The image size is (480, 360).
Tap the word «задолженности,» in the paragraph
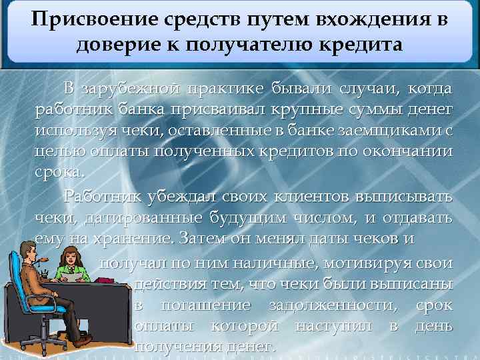point(319,305)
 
